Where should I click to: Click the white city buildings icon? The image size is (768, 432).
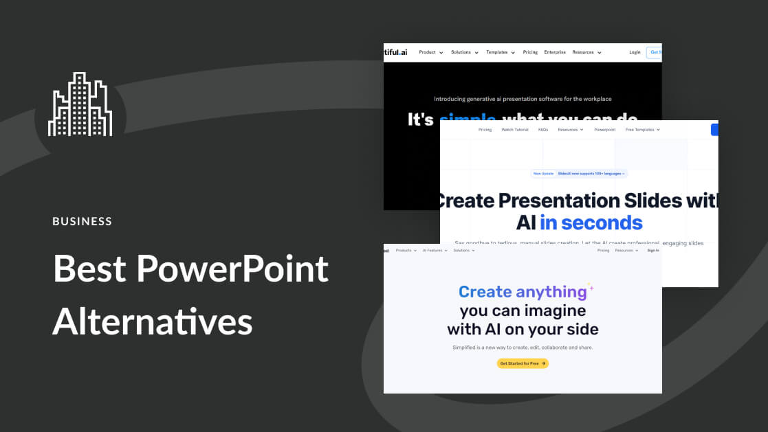pyautogui.click(x=80, y=104)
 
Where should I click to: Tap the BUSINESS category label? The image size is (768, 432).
pyautogui.click(x=82, y=221)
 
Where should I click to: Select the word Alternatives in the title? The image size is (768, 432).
pyautogui.click(x=152, y=320)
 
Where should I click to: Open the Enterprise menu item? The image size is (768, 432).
pyautogui.click(x=555, y=52)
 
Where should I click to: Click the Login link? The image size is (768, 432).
pyautogui.click(x=635, y=52)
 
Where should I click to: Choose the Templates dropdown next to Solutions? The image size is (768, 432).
pyautogui.click(x=500, y=52)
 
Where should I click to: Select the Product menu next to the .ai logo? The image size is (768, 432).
pyautogui.click(x=430, y=52)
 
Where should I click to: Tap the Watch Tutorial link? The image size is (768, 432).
pyautogui.click(x=514, y=130)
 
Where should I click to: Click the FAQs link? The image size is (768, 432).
pyautogui.click(x=543, y=130)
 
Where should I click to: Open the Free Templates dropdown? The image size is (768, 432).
pyautogui.click(x=642, y=130)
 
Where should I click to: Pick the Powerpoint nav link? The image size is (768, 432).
pyautogui.click(x=605, y=130)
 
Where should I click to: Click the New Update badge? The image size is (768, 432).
pyautogui.click(x=543, y=174)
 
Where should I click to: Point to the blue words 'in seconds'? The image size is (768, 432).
pyautogui.click(x=591, y=223)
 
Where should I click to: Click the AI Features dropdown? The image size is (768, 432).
pyautogui.click(x=435, y=251)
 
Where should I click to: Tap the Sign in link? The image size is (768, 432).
pyautogui.click(x=653, y=251)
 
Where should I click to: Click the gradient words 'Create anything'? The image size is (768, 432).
pyautogui.click(x=523, y=292)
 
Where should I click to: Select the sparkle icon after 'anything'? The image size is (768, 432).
pyautogui.click(x=590, y=286)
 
